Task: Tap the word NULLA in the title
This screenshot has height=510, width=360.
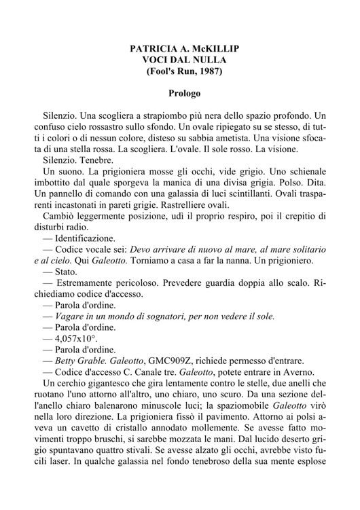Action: [204, 60]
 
